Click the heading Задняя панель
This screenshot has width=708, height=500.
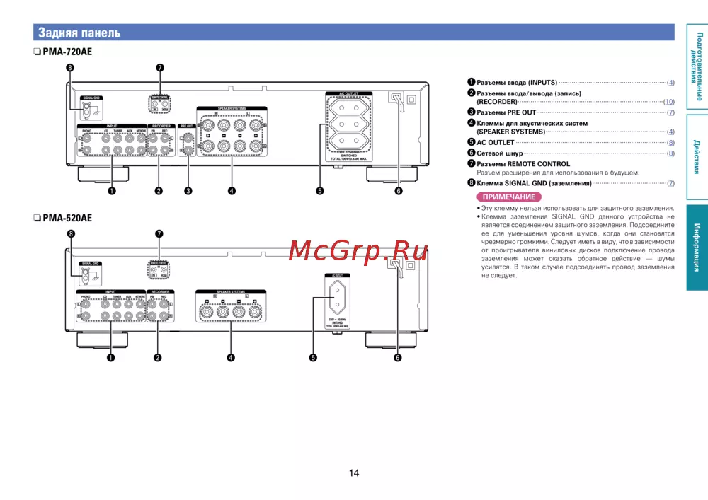[79, 33]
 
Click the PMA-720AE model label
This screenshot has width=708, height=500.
[67, 52]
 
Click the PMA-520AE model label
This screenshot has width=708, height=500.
[67, 219]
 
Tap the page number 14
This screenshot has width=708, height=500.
[354, 472]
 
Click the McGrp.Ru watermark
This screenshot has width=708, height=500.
[358, 250]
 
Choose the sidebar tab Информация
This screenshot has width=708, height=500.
[697, 248]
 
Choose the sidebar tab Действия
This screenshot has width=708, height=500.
[697, 156]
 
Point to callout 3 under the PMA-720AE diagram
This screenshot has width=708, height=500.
[188, 190]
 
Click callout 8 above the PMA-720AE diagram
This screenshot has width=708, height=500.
[69, 68]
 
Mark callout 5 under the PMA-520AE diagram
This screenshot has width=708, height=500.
[313, 357]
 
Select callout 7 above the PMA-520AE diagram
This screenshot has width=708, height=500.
[159, 233]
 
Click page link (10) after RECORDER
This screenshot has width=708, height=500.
[668, 102]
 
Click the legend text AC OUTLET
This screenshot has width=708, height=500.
[495, 142]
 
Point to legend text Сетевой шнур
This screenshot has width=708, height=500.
[499, 153]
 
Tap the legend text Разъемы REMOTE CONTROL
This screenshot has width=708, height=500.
[523, 164]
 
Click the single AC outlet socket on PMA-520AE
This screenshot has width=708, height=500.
[338, 298]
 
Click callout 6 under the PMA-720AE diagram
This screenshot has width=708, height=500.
[398, 190]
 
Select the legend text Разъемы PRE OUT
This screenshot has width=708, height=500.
[506, 112]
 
